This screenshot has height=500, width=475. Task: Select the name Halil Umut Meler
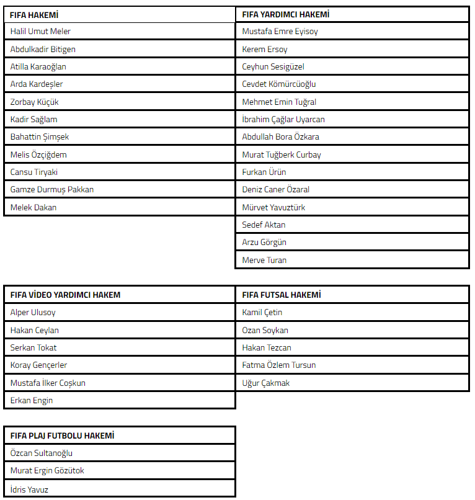tap(41, 32)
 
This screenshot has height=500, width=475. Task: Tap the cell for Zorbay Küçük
tap(35, 102)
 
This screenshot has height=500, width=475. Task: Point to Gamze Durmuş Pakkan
tap(52, 189)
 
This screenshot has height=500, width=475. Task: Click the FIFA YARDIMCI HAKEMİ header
tap(286, 14)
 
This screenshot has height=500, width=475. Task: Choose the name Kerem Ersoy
tap(265, 49)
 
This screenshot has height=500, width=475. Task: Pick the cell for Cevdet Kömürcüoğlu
tap(279, 84)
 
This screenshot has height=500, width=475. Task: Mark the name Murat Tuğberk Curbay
tap(282, 154)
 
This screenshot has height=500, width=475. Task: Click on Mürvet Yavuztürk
tap(273, 207)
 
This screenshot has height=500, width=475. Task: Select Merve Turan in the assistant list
tap(264, 260)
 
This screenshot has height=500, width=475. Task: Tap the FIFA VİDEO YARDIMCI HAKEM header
tap(65, 295)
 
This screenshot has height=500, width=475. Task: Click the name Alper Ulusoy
tap(33, 313)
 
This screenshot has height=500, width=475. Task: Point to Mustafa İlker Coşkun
tap(48, 383)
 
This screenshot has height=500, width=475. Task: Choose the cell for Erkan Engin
tap(32, 400)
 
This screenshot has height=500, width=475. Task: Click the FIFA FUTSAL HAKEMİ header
tap(282, 295)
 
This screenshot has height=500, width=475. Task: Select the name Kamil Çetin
tap(262, 313)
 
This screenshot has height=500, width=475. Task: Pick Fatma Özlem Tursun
tap(279, 365)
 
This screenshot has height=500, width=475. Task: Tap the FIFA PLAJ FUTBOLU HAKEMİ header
tap(62, 435)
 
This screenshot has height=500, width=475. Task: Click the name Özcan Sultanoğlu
tap(42, 453)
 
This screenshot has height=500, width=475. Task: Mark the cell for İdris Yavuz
tap(29, 489)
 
